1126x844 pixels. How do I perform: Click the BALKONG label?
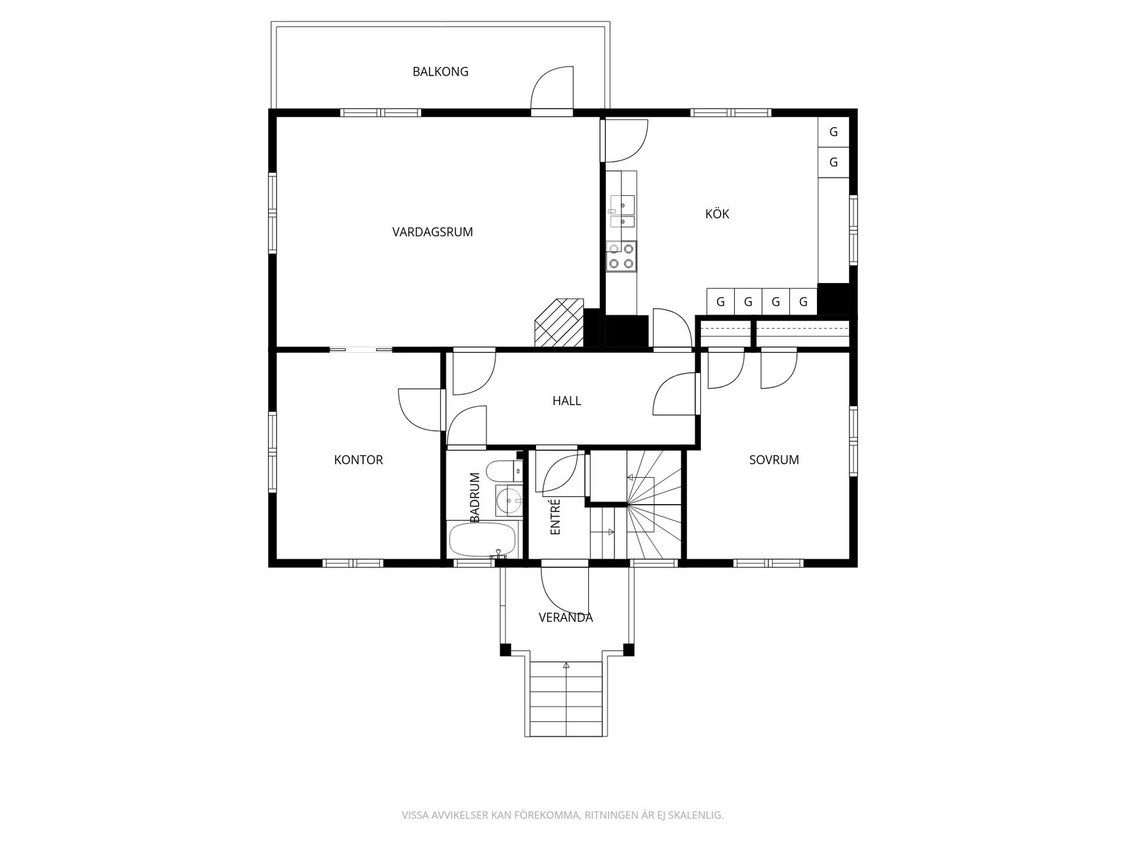tap(440, 72)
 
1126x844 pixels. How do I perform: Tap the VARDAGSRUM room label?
tap(432, 232)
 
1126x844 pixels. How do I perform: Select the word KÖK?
tap(717, 214)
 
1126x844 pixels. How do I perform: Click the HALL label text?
tap(567, 401)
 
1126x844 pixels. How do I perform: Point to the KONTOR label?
tap(358, 460)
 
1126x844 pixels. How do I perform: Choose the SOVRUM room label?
tap(774, 460)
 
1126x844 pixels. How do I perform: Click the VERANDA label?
tap(565, 617)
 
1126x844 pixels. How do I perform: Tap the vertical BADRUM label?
tap(475, 497)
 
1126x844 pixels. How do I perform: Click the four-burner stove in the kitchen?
tap(621, 256)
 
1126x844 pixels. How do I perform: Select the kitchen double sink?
tap(621, 212)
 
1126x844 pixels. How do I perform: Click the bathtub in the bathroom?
tap(482, 539)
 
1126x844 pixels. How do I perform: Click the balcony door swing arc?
tap(552, 88)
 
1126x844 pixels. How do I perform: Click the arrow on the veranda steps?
tap(566, 666)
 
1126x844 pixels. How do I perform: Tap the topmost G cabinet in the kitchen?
tap(833, 132)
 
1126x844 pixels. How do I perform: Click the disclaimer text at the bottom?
tap(562, 815)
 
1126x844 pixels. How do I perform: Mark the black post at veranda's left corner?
tap(506, 649)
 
